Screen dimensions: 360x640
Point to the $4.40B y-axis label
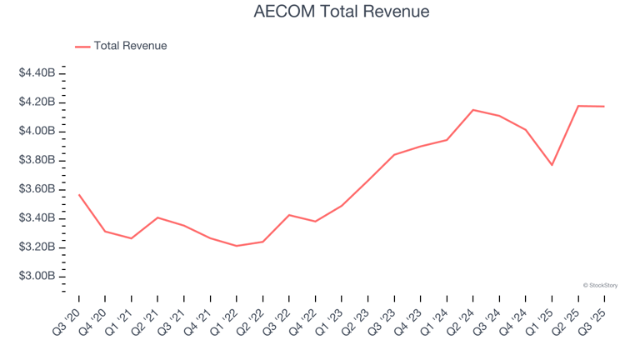pyautogui.click(x=37, y=73)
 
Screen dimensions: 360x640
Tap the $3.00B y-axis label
pyautogui.click(x=37, y=277)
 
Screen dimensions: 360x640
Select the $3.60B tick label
pyautogui.click(x=37, y=189)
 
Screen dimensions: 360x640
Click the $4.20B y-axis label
pyautogui.click(x=37, y=102)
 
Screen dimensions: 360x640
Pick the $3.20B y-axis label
pyautogui.click(x=37, y=247)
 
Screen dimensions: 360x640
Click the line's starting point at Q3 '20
pyautogui.click(x=79, y=195)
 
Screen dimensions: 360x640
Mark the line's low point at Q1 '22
pyautogui.click(x=237, y=246)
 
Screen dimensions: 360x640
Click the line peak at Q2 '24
pyautogui.click(x=473, y=110)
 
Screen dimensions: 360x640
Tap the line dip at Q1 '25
pyautogui.click(x=552, y=165)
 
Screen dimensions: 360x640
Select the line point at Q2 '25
pyautogui.click(x=578, y=106)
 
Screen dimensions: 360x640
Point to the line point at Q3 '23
pyautogui.click(x=394, y=155)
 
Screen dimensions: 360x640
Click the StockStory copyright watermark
pyautogui.click(x=600, y=285)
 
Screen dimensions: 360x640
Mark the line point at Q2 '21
pyautogui.click(x=157, y=217)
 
